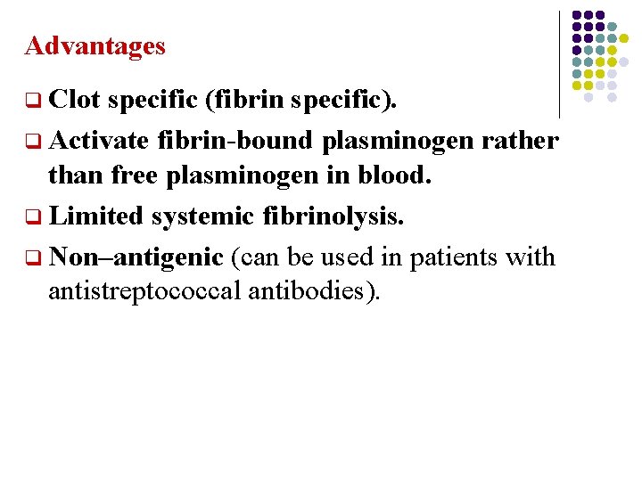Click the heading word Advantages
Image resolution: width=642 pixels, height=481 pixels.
(x=95, y=45)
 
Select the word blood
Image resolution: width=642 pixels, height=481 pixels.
(x=395, y=175)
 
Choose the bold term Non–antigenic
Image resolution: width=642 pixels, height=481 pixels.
(x=136, y=257)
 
